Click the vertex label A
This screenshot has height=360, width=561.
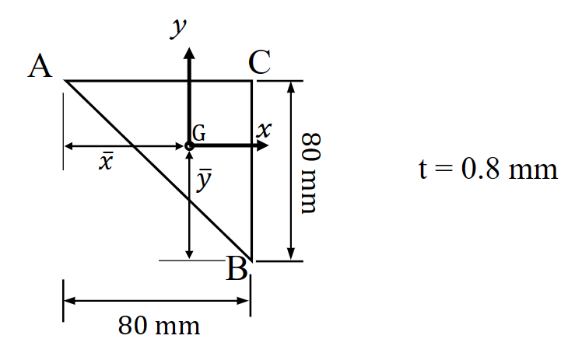40,68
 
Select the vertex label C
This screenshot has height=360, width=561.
261,63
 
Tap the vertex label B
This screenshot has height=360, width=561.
237,269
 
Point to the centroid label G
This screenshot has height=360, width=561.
200,134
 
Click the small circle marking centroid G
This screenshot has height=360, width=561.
189,145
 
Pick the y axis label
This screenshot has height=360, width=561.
180,30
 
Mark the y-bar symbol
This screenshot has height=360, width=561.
203,180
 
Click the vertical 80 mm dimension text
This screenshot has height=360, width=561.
310,173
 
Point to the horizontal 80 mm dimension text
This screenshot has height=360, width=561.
159,326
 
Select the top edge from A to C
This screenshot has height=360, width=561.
124,80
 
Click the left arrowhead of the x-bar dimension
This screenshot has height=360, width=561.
68,145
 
